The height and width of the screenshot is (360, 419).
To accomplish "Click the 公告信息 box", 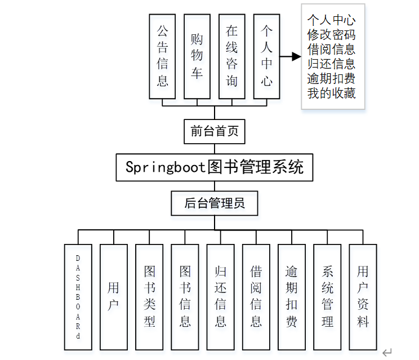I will [162, 56].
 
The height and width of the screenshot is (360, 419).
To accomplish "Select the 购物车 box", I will [197, 56].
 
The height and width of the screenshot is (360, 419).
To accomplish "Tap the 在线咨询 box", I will [231, 56].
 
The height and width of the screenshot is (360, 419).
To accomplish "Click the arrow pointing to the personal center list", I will [292, 56].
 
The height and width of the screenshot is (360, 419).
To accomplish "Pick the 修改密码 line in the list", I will [332, 34].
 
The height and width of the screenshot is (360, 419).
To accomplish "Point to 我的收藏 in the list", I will [332, 93].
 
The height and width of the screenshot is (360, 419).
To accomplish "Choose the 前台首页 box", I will [214, 131].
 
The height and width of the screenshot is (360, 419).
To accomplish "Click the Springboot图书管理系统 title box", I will [214, 167].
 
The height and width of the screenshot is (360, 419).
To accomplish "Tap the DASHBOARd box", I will [78, 296].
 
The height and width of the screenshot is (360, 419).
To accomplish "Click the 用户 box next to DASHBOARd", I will [113, 296].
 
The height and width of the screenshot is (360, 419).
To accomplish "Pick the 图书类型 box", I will [149, 296].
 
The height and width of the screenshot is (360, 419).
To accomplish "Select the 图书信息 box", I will [185, 296].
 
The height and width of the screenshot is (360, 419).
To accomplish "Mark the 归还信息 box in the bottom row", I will [220, 296].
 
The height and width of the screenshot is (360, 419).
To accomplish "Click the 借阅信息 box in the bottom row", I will [256, 296].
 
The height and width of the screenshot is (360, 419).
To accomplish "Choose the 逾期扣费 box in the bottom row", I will [292, 296].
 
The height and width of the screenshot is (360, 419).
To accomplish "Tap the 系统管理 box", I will [327, 296].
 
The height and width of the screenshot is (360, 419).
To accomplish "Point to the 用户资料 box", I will [363, 296].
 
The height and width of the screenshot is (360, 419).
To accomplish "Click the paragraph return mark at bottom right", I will [386, 353].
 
